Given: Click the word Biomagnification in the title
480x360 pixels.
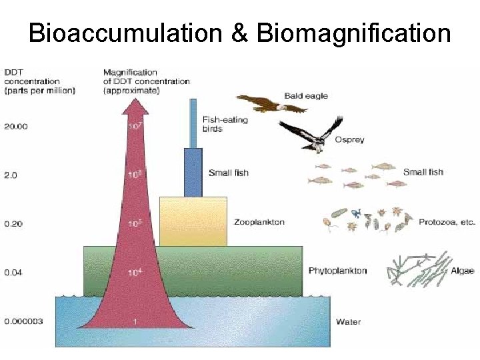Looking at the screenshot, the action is (353, 33).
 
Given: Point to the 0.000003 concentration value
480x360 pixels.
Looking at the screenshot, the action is (24, 321).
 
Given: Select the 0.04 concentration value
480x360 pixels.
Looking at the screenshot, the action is (13, 272).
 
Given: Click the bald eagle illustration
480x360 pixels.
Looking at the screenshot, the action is (260, 103).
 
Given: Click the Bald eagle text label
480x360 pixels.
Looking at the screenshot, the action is (306, 96).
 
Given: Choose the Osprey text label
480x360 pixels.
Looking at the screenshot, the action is (349, 140).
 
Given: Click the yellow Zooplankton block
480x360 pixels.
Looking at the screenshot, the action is (193, 221).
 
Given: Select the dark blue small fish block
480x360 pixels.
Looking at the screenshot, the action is (193, 172).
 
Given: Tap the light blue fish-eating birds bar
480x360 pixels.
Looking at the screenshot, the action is (193, 123).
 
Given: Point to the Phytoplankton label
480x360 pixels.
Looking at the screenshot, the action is (337, 271).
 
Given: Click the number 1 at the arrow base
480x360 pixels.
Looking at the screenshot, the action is (135, 322).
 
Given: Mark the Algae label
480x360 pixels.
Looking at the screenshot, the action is (462, 271).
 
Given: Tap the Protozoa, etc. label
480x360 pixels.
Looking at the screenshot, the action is (447, 222).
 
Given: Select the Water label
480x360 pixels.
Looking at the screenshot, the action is (348, 322).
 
